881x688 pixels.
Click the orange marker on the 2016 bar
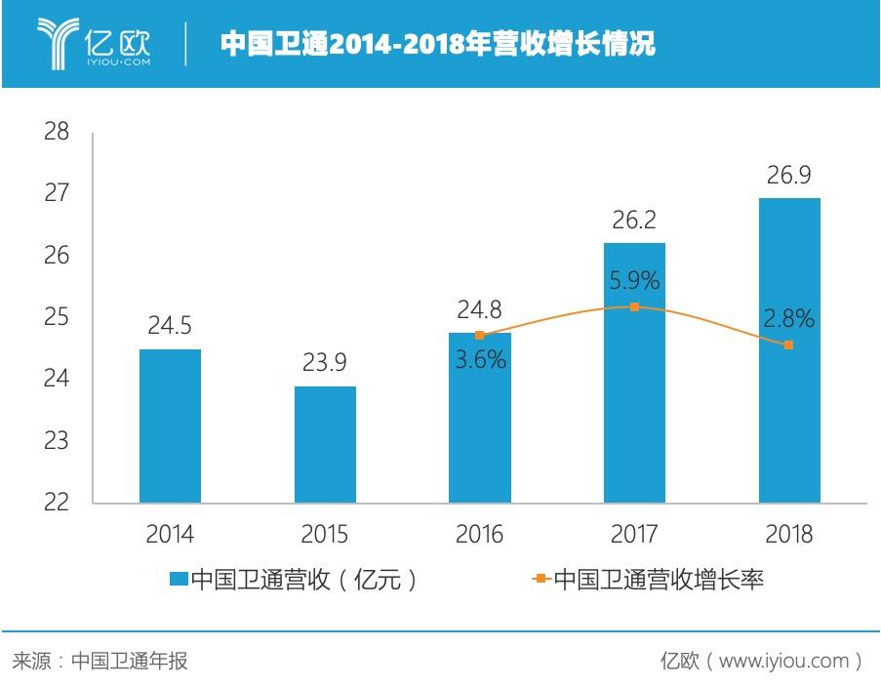(479, 335)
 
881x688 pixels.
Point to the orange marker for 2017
(634, 306)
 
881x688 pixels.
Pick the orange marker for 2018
(789, 344)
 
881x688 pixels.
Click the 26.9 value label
(789, 175)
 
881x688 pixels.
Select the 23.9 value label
(325, 362)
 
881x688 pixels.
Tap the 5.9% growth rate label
(634, 281)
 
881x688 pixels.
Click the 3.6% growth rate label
(480, 359)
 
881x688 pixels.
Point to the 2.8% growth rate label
(789, 318)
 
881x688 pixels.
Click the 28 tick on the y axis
(57, 132)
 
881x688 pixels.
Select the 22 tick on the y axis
(57, 502)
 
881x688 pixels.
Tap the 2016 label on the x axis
(479, 534)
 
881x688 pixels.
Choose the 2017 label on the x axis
(634, 534)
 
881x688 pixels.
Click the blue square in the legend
(178, 580)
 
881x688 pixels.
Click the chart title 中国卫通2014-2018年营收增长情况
(436, 44)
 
